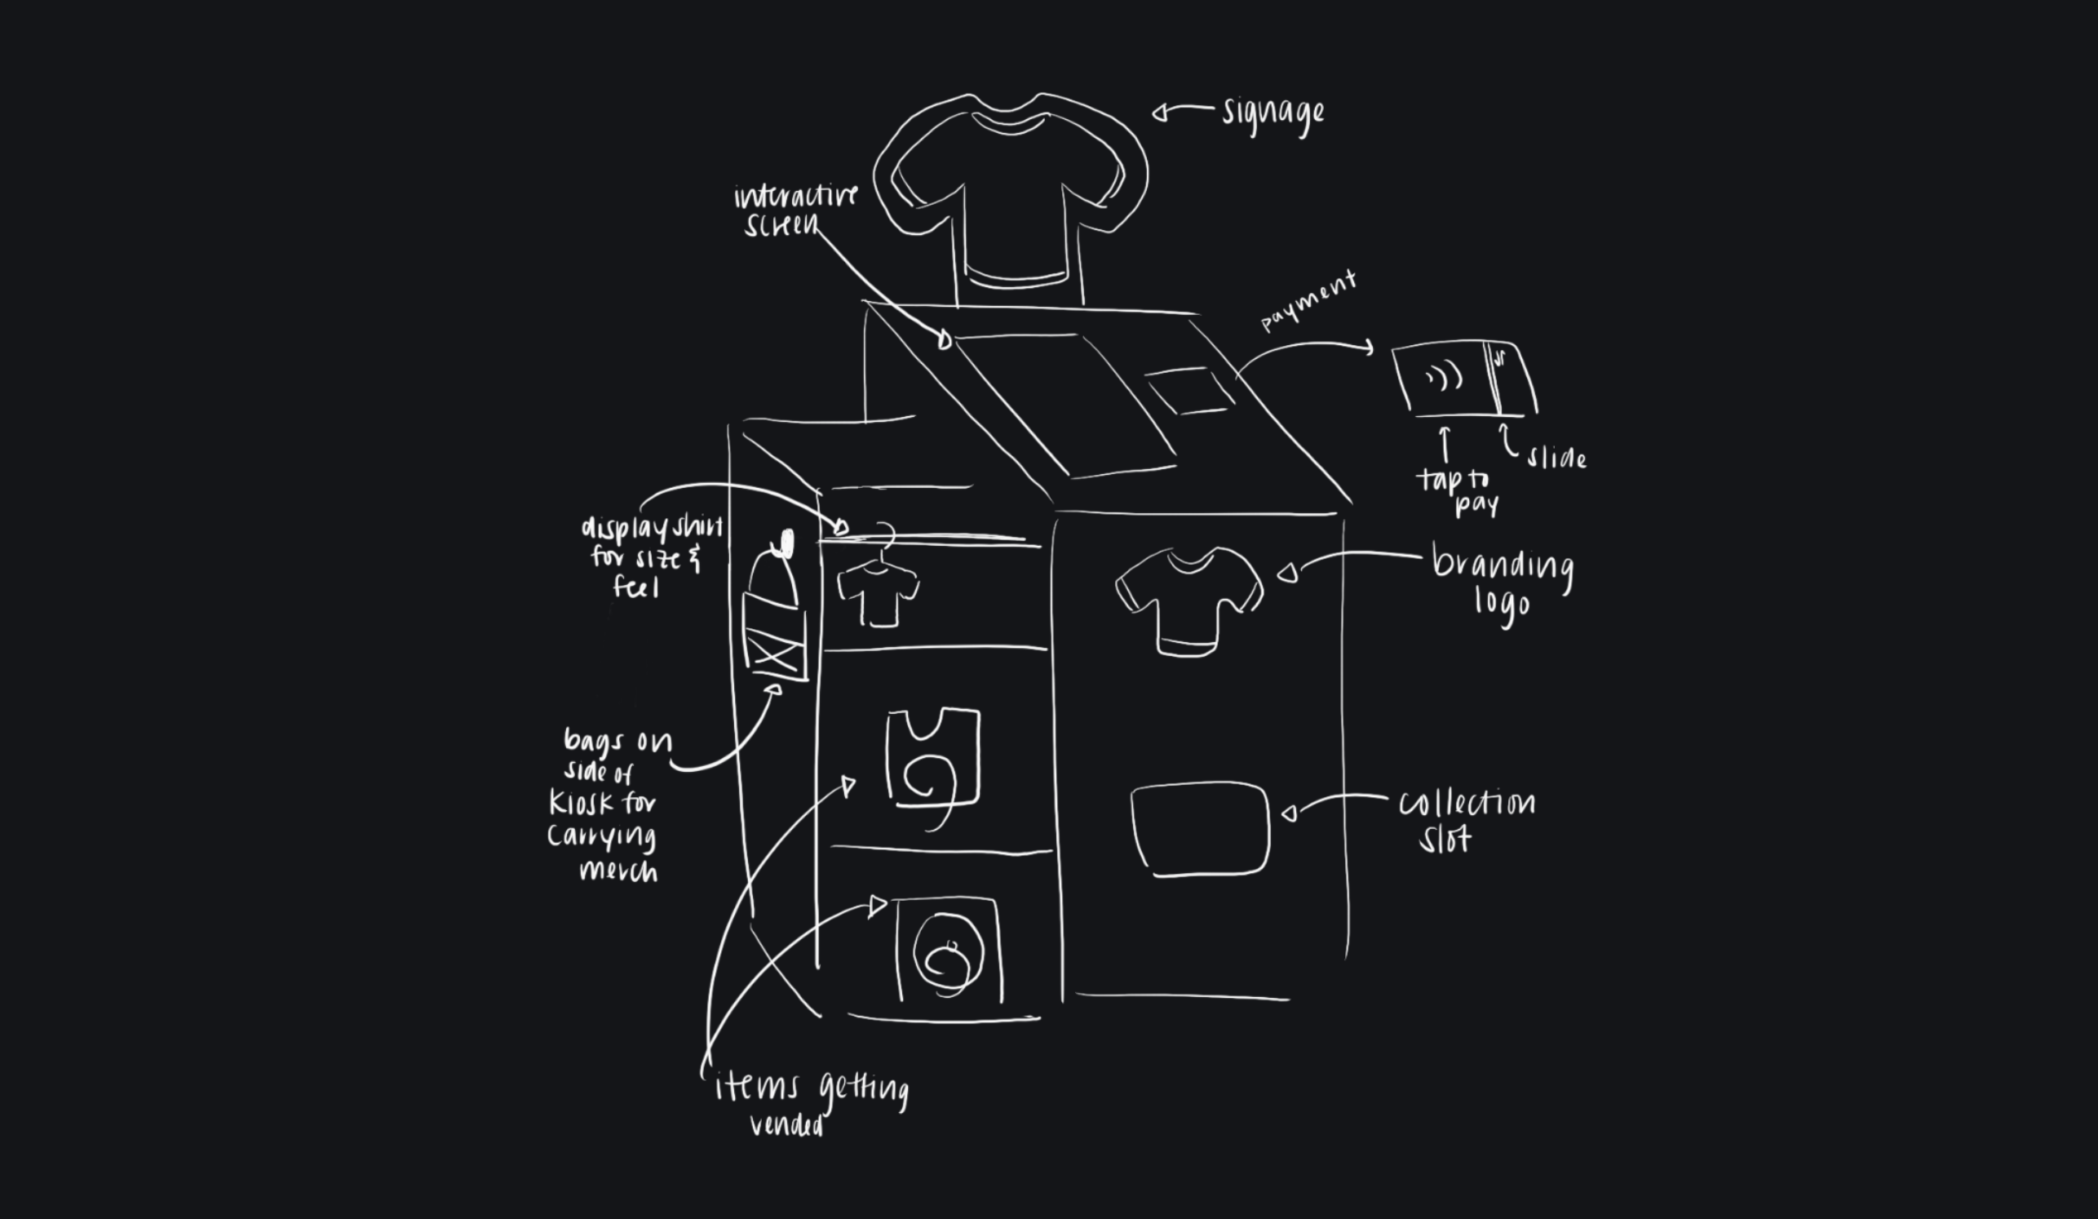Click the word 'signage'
1273,114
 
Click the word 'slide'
1556,457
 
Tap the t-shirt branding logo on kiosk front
1188,599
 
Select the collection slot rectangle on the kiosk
1200,828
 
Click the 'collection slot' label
1465,820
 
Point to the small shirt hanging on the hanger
879,594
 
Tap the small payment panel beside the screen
1188,390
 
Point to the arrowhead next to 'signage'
1159,113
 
